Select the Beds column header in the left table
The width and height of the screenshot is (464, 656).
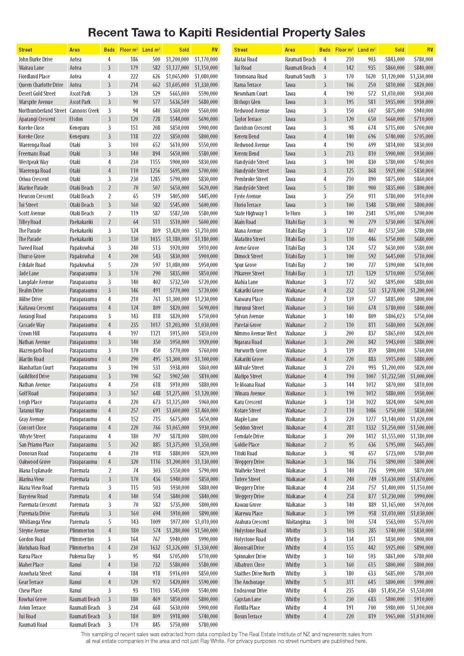pyautogui.click(x=109, y=50)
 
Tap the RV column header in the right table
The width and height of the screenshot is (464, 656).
pyautogui.click(x=430, y=50)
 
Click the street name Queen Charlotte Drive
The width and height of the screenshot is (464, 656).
pyautogui.click(x=41, y=85)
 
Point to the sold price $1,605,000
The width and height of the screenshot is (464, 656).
pyautogui.click(x=177, y=85)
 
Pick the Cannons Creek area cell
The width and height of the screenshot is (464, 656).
pyautogui.click(x=84, y=111)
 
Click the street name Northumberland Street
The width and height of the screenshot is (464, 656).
pyautogui.click(x=42, y=111)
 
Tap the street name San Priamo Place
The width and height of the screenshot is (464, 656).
pyautogui.click(x=36, y=445)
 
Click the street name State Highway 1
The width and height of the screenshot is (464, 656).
pyautogui.click(x=250, y=213)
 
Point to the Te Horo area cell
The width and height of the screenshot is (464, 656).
pyautogui.click(x=293, y=213)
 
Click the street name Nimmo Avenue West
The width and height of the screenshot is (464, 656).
pyautogui.click(x=256, y=333)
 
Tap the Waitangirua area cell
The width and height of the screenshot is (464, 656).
pyautogui.click(x=298, y=522)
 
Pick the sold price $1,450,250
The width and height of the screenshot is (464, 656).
pyautogui.click(x=393, y=590)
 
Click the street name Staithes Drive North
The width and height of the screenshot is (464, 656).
pyautogui.click(x=254, y=573)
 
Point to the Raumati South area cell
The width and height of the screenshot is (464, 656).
pyautogui.click(x=300, y=76)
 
